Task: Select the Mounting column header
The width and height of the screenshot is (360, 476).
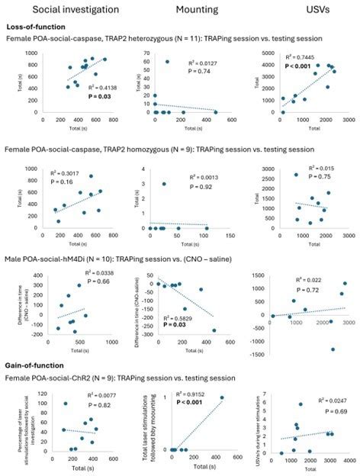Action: pos(198,10)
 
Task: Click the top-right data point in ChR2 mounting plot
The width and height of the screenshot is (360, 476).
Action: pos(223,397)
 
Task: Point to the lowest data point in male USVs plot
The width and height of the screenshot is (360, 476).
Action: pos(333,349)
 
